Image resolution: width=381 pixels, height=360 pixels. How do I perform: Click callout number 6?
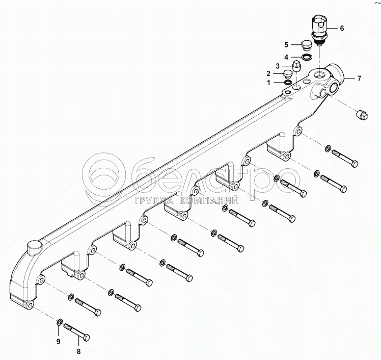(342, 28)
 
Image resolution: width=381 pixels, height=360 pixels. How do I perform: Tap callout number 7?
(359, 79)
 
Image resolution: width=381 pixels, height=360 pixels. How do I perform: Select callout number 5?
(286, 44)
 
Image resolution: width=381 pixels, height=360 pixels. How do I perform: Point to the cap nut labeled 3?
(298, 65)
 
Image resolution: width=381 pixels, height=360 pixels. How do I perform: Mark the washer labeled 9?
(60, 322)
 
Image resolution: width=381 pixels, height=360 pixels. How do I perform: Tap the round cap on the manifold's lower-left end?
(34, 248)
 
